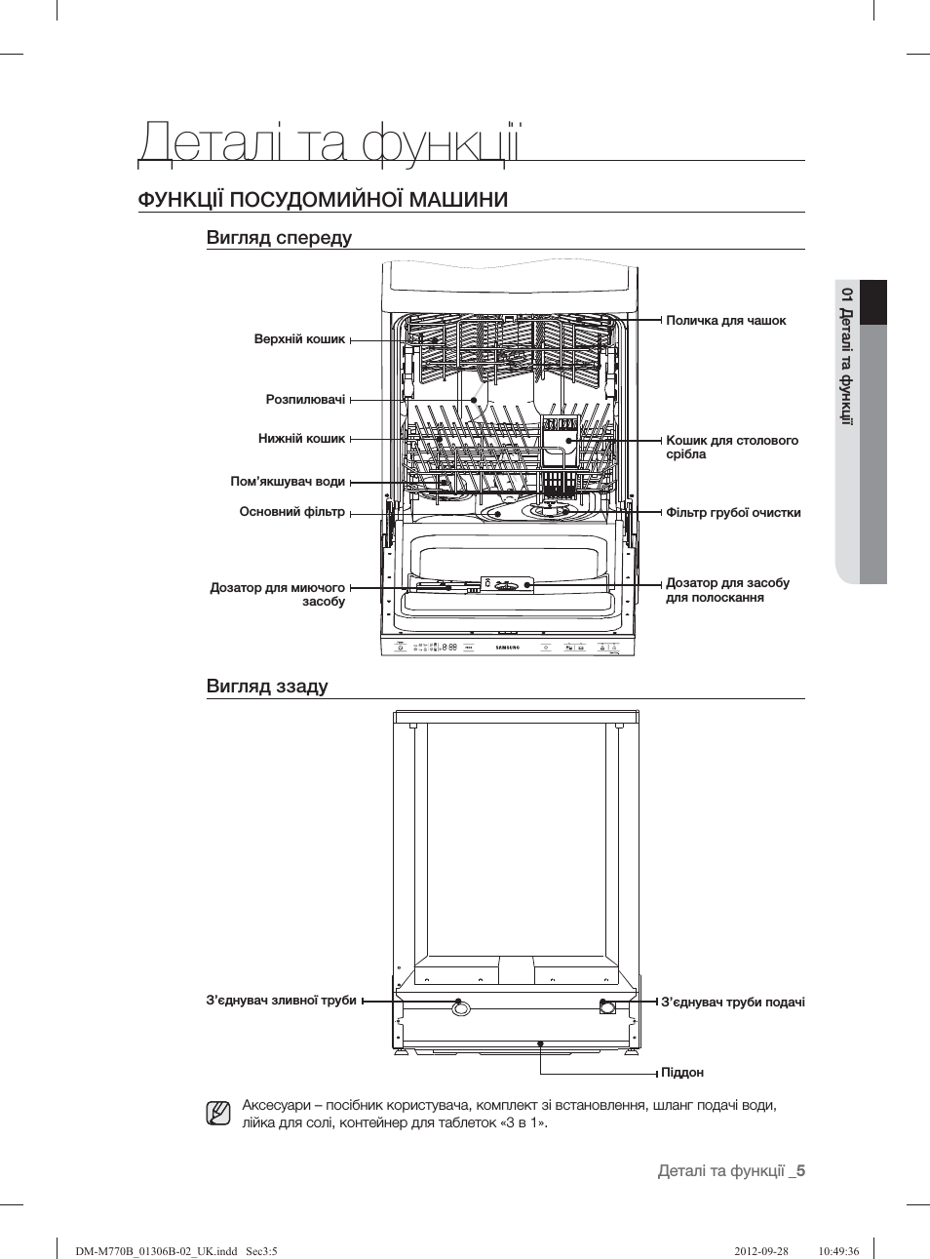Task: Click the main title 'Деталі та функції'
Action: pos(329,142)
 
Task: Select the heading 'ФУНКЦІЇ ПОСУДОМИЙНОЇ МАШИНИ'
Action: pos(323,200)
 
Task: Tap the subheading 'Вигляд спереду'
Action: pos(279,238)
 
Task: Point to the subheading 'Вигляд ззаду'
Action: pos(267,687)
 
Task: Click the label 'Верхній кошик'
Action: pos(299,339)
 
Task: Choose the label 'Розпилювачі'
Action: pos(305,400)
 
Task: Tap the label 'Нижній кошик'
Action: pos(301,439)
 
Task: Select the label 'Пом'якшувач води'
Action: pos(288,482)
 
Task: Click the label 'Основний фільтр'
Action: pos(291,512)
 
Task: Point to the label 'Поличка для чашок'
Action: pos(725,321)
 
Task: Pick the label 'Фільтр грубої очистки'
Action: pos(733,513)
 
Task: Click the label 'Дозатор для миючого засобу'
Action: pos(278,595)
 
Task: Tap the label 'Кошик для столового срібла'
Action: pos(731,448)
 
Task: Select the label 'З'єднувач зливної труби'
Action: pos(281,1001)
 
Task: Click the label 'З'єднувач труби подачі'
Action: pos(732,1003)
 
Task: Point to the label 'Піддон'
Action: pos(681,1073)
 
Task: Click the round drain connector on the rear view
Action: pos(459,1006)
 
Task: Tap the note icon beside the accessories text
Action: pos(218,1113)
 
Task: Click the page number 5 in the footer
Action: pos(800,1171)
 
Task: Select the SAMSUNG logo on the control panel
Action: pos(508,647)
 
